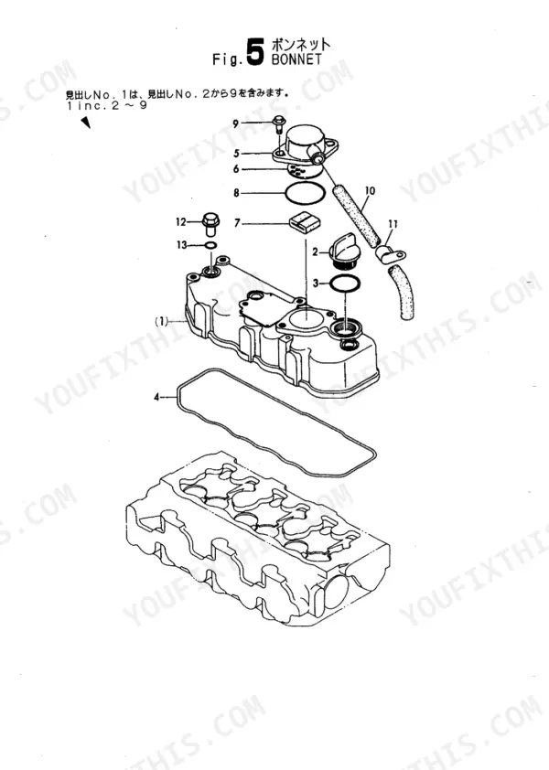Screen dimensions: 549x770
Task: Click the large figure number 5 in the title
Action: pyautogui.click(x=254, y=52)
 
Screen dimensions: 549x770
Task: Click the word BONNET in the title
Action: pyautogui.click(x=296, y=59)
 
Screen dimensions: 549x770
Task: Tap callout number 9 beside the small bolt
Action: pyautogui.click(x=236, y=123)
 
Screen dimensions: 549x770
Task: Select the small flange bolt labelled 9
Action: pyautogui.click(x=278, y=124)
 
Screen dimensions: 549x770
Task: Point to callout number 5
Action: pyautogui.click(x=236, y=154)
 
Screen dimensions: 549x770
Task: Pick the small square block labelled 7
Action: pyautogui.click(x=304, y=222)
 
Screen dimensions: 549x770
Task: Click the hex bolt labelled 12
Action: pyautogui.click(x=210, y=223)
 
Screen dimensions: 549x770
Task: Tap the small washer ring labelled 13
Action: pyautogui.click(x=210, y=245)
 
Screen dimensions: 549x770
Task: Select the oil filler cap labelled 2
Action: pyautogui.click(x=343, y=250)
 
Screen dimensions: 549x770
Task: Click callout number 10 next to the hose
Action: pyautogui.click(x=370, y=190)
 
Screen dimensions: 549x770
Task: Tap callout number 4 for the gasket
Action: pyautogui.click(x=157, y=397)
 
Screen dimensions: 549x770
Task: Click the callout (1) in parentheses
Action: pyautogui.click(x=162, y=322)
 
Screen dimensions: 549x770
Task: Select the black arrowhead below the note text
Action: pyautogui.click(x=85, y=123)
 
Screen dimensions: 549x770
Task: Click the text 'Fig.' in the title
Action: pyautogui.click(x=228, y=60)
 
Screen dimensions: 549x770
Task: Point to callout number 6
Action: pyautogui.click(x=236, y=169)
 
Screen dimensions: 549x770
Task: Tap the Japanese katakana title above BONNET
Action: pyautogui.click(x=300, y=45)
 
